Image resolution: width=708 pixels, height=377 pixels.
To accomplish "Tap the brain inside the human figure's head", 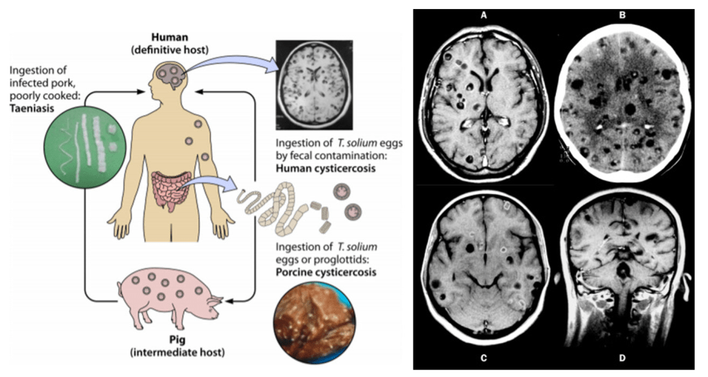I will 171,73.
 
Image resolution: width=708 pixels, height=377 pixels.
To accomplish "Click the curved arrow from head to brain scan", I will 228,64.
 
